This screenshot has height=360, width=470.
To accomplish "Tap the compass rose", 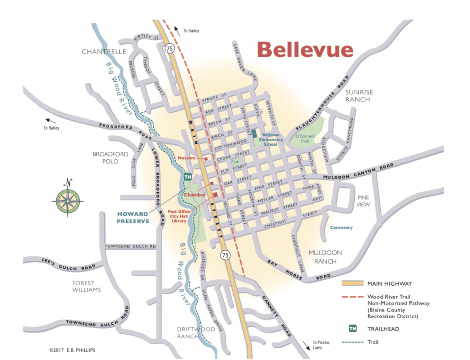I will [68, 201].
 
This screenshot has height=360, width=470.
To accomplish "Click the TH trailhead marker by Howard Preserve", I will [188, 177].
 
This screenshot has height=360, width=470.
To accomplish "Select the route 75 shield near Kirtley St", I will [169, 48].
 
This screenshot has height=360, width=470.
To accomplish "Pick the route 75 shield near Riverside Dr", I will [226, 255].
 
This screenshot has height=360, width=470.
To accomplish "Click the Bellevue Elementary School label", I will [273, 140].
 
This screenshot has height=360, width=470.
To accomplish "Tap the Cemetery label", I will [341, 227].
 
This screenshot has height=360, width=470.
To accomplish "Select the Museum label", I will [186, 158].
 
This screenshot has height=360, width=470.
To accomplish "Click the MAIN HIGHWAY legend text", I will [390, 283].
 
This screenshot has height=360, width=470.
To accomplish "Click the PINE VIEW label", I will [363, 201].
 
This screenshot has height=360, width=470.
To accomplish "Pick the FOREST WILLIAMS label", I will [86, 286].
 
